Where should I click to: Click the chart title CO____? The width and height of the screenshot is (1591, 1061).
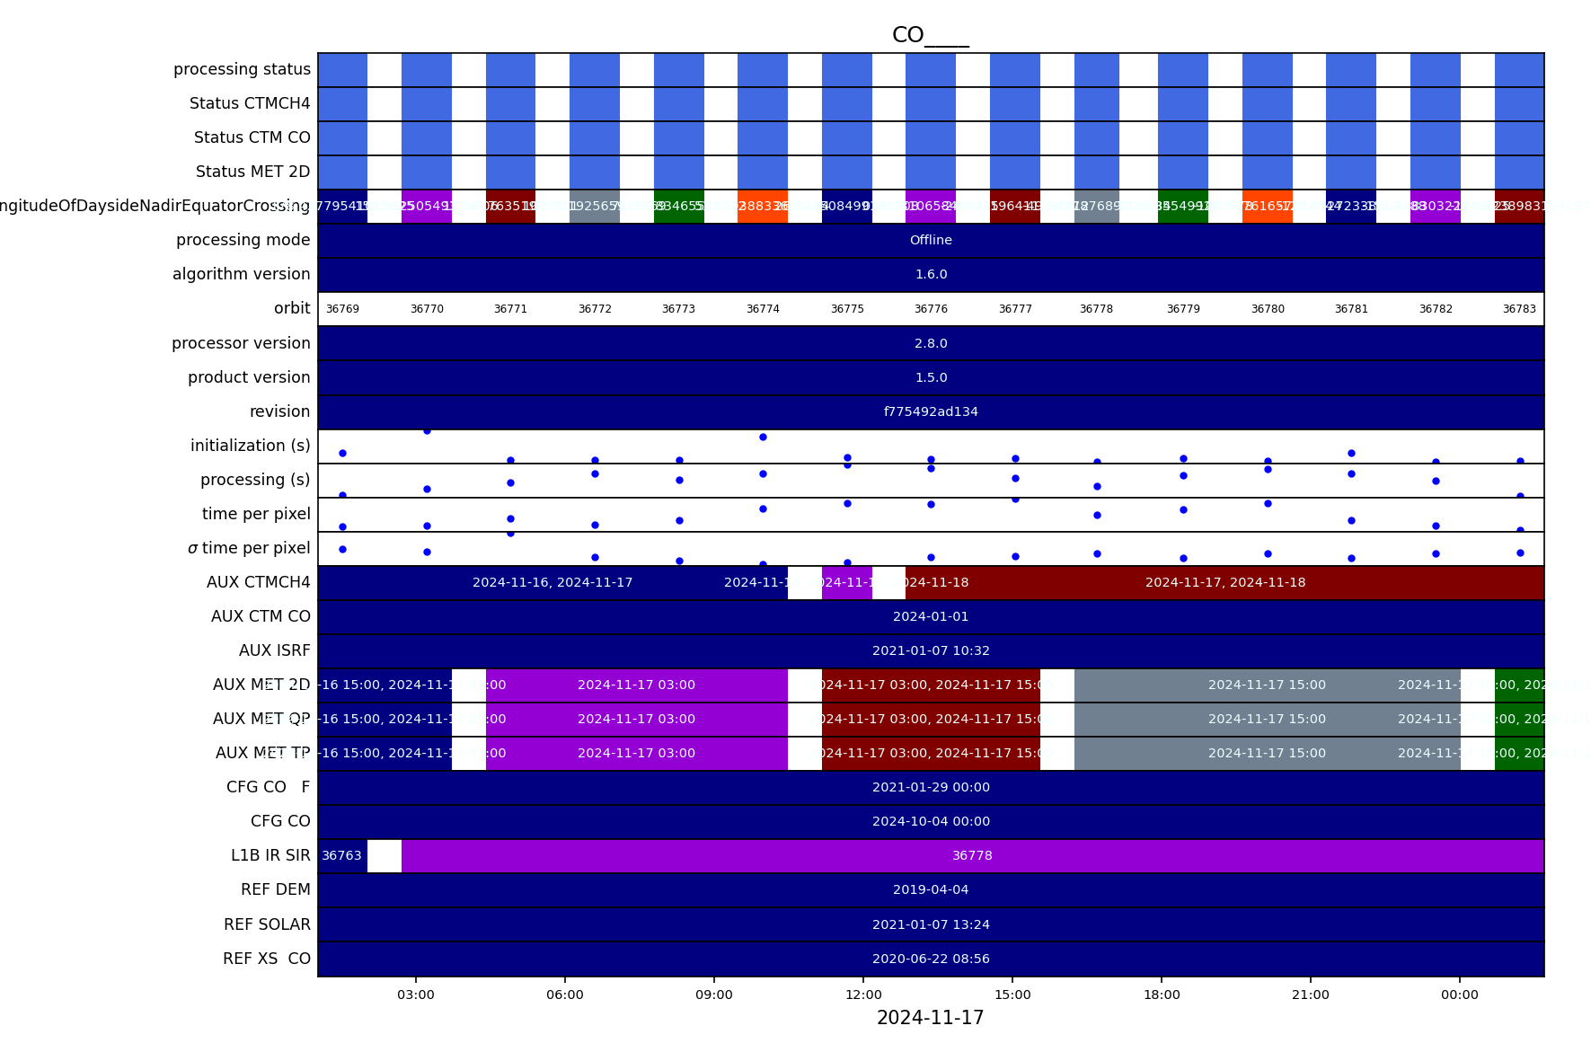point(930,35)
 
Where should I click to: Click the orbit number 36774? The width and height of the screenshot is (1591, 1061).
point(763,309)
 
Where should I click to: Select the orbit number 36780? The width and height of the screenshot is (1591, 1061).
point(1268,309)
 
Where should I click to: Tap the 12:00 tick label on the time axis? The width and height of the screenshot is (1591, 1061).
point(863,995)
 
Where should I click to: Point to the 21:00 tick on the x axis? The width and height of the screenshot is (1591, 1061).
point(1310,995)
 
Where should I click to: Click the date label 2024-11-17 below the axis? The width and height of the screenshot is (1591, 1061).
point(930,1018)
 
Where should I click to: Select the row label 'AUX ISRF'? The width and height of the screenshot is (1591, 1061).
point(274,650)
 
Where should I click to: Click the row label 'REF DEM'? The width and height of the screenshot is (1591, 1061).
point(275,889)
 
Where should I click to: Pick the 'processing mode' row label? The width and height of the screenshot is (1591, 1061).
point(243,240)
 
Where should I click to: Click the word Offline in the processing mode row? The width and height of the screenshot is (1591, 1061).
point(931,240)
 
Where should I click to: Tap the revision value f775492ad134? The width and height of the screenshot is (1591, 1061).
point(931,411)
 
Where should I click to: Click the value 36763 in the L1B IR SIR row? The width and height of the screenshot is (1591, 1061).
point(341,855)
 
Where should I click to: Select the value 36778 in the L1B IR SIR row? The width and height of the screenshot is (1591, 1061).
point(972,855)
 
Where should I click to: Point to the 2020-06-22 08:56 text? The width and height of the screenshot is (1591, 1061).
point(931,959)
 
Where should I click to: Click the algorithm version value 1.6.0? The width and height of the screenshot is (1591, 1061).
point(931,274)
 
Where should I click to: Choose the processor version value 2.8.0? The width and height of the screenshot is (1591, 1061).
point(931,343)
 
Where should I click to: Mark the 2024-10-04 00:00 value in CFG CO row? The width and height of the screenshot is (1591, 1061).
point(931,821)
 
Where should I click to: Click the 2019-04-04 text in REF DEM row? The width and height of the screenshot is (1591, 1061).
point(931,889)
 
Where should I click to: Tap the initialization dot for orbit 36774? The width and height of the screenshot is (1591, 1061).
point(763,437)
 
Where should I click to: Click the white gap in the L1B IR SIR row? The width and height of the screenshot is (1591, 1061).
point(384,855)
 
